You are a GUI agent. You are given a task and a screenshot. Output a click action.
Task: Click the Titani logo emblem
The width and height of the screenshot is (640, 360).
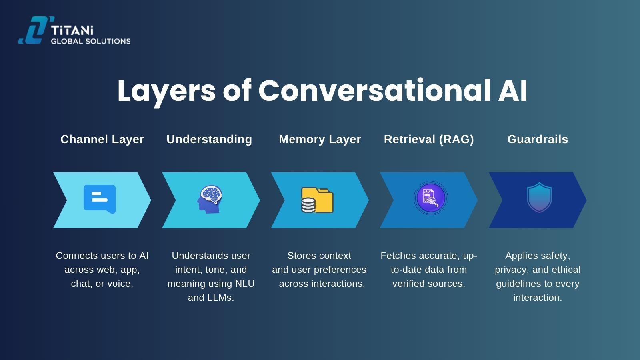point(34,30)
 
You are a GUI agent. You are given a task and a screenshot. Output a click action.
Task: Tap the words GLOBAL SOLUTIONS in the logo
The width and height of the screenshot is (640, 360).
point(90,41)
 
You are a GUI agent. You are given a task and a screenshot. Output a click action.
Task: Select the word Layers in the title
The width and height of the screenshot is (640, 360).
point(166,91)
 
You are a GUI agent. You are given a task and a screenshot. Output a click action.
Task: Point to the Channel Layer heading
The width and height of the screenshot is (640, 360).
point(102,139)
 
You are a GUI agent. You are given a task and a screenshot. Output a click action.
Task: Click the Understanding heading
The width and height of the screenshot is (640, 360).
point(209,139)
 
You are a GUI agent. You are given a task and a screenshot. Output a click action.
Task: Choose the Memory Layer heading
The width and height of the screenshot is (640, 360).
point(320,139)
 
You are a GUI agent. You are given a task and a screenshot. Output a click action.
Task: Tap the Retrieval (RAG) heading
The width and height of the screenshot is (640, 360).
point(429,139)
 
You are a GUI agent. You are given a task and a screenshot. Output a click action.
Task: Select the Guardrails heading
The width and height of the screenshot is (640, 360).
point(538,139)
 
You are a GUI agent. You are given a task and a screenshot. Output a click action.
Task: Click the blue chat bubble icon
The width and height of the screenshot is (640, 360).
point(100,199)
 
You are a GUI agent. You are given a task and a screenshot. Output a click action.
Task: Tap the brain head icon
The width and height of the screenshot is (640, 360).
point(210,199)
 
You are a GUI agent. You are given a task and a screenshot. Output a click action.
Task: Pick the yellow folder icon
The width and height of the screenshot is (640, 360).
point(317,200)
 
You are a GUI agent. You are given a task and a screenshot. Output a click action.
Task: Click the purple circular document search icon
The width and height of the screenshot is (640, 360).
point(430,198)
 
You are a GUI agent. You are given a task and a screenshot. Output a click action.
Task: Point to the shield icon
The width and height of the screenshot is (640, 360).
point(539,198)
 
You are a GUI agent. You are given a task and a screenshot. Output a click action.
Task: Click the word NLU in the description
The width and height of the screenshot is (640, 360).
point(245,284)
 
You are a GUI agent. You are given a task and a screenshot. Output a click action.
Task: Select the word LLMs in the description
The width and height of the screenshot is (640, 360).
point(218,298)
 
